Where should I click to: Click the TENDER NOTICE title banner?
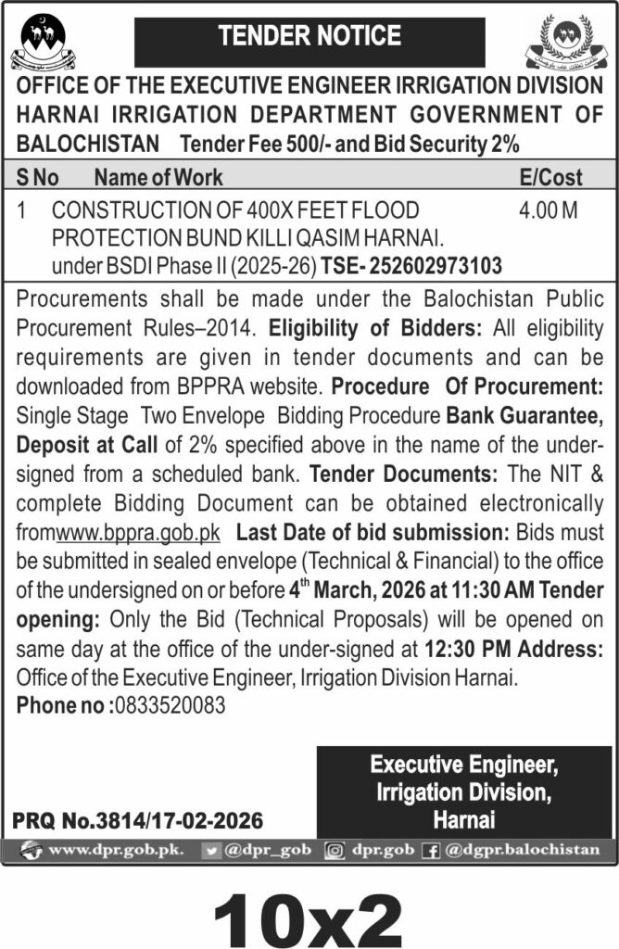(x=309, y=37)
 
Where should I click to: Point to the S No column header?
(x=38, y=176)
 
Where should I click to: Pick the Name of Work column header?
(x=158, y=176)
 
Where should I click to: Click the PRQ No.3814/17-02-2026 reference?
(x=138, y=821)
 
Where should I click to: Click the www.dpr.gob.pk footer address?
(x=115, y=849)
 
